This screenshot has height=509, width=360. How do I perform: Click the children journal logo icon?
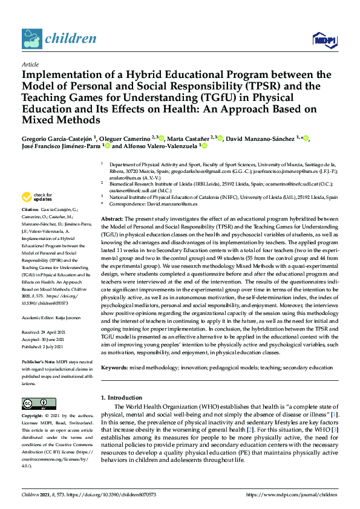tap(31, 39)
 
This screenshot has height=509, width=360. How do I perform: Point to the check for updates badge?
tap(37, 197)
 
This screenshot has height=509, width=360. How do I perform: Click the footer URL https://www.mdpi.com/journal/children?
tap(291, 494)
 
